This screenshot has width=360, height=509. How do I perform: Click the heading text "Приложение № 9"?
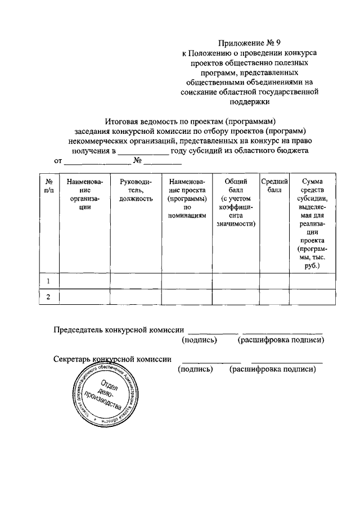click(249, 42)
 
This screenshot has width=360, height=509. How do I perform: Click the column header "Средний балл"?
click(274, 186)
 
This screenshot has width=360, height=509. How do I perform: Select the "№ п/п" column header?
click(49, 186)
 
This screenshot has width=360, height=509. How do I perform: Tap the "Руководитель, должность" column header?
click(136, 191)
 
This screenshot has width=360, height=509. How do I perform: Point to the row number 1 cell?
click(49, 281)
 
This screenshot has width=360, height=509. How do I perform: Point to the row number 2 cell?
click(49, 298)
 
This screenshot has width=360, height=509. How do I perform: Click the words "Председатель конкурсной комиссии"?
click(119, 330)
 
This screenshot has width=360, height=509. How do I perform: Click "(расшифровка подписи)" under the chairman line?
click(281, 340)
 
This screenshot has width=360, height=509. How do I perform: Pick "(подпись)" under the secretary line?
click(195, 370)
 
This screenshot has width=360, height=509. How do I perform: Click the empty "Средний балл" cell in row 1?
click(274, 281)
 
